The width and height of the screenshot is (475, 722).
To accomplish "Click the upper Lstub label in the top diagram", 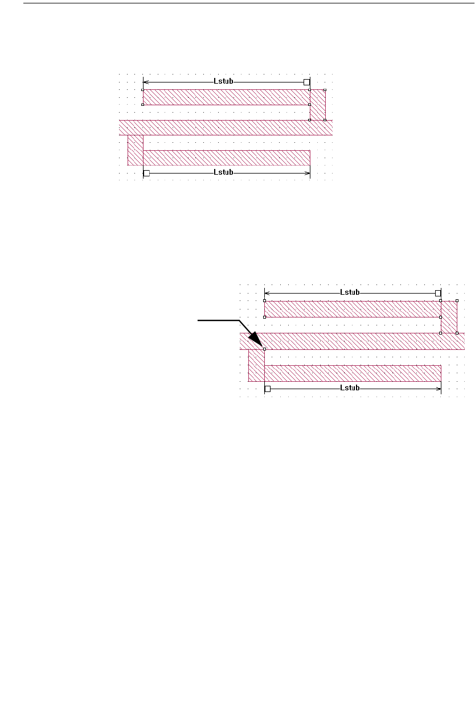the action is (x=223, y=82).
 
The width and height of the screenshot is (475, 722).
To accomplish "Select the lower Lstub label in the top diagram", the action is (x=223, y=172).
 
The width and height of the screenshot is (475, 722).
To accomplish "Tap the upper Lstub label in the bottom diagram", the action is (x=350, y=292).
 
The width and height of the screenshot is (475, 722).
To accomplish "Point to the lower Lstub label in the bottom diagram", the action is (x=350, y=389).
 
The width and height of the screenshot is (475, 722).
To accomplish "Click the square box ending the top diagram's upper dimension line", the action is (x=306, y=82).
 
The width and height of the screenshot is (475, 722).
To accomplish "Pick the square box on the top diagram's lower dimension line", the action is (x=146, y=172).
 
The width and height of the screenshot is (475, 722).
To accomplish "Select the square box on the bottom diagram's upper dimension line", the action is (x=438, y=293).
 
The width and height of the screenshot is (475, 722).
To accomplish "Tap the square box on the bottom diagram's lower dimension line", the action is (x=268, y=389).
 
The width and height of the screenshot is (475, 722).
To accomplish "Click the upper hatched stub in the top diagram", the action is (x=226, y=97).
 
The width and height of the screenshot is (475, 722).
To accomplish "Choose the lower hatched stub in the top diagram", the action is (x=226, y=158).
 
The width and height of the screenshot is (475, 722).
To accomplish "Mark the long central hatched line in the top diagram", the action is (x=226, y=127).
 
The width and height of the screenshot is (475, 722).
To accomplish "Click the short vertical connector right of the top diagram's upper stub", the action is (x=317, y=105).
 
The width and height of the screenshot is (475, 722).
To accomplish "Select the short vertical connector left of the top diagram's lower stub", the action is (x=136, y=150).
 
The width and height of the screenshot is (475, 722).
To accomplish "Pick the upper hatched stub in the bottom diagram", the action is (x=352, y=309).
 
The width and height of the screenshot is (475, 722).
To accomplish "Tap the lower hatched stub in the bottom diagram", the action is (x=353, y=373).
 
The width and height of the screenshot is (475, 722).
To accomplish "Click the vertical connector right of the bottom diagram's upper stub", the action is (x=449, y=317).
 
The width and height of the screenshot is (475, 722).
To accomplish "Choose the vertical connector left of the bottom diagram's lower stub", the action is (x=257, y=365).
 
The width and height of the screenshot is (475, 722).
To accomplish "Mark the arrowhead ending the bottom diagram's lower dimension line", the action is (x=439, y=389).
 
